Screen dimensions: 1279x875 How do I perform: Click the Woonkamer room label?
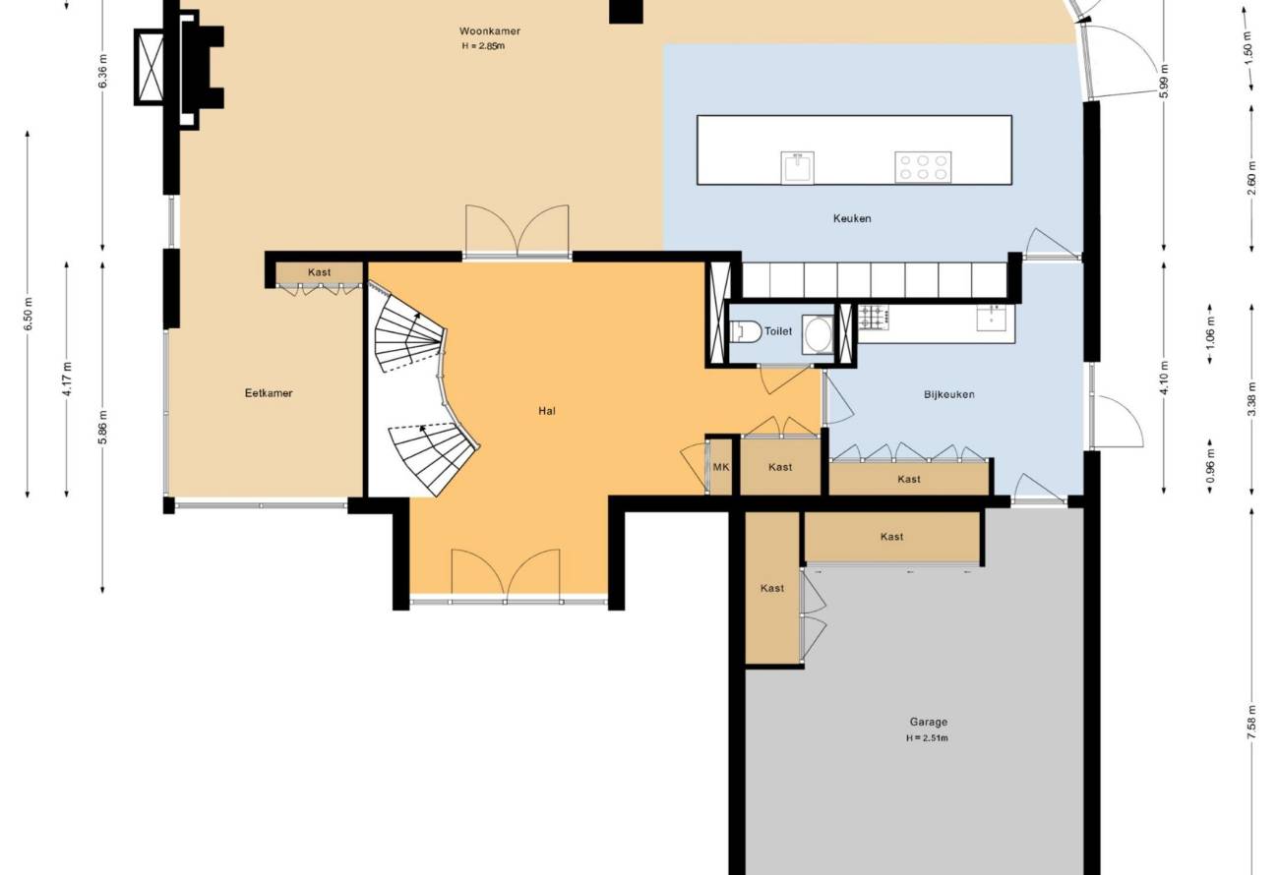coord(489,31)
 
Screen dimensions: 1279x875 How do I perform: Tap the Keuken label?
coord(852,218)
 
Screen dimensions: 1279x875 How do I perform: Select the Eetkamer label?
coord(269,393)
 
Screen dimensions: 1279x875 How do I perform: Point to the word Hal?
coord(546,411)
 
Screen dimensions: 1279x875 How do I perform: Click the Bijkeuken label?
coord(949,394)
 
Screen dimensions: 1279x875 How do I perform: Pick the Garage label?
coord(929,722)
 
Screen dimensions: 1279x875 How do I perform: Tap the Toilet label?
coord(777,331)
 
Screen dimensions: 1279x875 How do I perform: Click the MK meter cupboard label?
coord(720,467)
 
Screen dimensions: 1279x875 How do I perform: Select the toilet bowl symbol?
coord(747,331)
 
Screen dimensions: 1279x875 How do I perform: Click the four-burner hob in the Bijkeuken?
coord(874,318)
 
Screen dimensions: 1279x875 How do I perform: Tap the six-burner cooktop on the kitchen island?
coord(923,167)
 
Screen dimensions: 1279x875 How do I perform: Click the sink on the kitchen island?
coord(797,168)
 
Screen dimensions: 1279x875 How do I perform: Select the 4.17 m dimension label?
coord(67,379)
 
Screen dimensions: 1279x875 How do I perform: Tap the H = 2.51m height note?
coord(927,738)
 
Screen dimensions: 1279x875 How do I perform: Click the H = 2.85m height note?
coord(483,46)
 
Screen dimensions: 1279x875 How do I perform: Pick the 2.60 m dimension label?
coord(1252,178)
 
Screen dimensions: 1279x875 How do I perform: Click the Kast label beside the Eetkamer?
coord(319,272)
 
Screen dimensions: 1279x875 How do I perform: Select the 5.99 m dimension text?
coord(1164,81)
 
